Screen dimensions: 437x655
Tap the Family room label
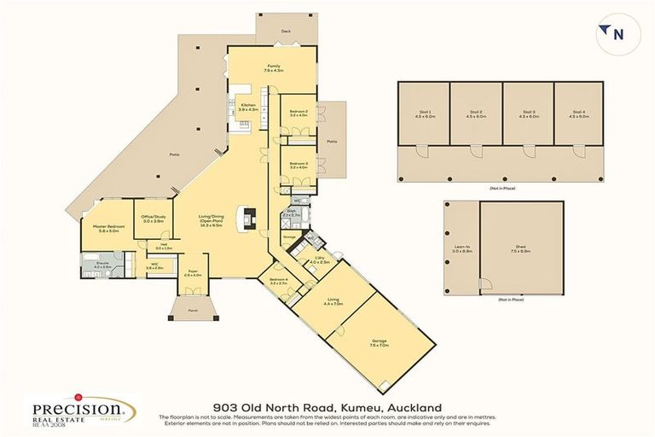click(x=273, y=67)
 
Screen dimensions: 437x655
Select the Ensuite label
click(x=102, y=265)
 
